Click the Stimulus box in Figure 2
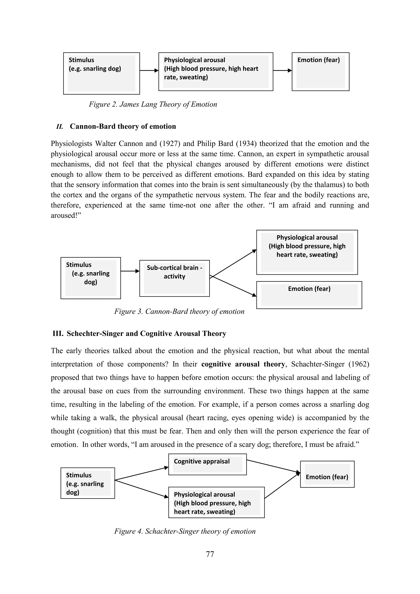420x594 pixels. pos(101,73)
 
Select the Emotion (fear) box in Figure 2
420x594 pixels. pos(320,72)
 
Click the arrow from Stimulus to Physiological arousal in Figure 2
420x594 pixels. pos(149,70)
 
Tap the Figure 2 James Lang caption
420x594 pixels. pos(153,104)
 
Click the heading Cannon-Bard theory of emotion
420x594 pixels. pos(123,126)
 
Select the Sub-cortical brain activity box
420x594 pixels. pos(174,278)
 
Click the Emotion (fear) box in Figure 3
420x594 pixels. pos(309,295)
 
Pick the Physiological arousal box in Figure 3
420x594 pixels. pos(307,252)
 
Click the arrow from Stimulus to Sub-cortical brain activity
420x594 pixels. pos(130,271)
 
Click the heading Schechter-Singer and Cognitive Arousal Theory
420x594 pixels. pos(146,334)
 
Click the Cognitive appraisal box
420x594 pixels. pos(207,464)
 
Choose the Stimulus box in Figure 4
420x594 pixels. pos(88,483)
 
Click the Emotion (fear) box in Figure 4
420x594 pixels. pos(327,474)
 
